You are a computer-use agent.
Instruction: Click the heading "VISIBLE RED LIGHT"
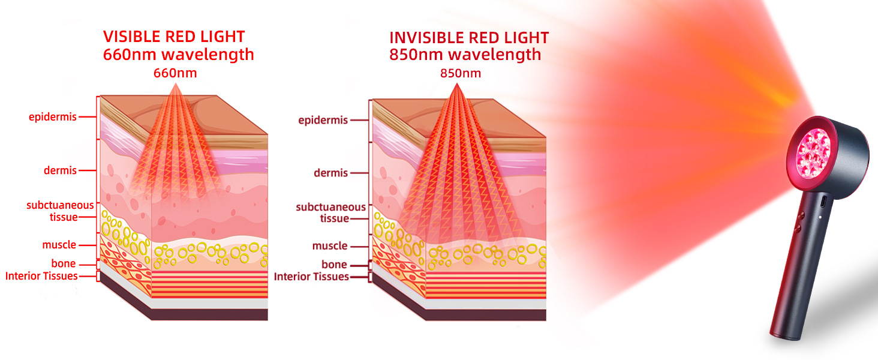click(173, 37)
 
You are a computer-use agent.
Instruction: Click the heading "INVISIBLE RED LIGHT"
click(469, 38)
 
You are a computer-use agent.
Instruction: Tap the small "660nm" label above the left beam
click(175, 73)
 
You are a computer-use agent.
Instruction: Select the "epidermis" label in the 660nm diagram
click(53, 117)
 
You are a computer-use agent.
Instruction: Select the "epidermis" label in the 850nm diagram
click(323, 121)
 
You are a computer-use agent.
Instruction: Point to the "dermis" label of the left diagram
click(60, 170)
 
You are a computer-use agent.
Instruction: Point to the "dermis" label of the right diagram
click(330, 173)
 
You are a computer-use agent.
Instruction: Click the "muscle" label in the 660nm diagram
click(59, 245)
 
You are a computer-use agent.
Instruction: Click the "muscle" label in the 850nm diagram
click(330, 246)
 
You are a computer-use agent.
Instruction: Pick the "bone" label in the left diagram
click(63, 263)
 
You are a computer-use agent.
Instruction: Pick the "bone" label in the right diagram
click(334, 265)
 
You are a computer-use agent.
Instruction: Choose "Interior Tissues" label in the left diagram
click(41, 276)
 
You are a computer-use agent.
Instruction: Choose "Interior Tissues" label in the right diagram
click(311, 277)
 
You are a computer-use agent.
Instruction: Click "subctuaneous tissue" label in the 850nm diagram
click(330, 212)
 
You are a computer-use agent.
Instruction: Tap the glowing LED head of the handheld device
click(814, 149)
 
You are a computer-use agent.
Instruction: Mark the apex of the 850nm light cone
click(459, 85)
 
